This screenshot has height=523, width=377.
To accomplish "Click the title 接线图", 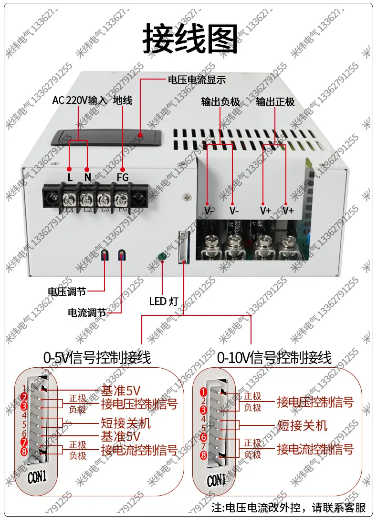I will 190,39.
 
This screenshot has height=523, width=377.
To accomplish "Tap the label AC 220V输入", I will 80,101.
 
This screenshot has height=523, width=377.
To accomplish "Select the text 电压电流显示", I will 196,80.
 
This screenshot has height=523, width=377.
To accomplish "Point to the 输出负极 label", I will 220,102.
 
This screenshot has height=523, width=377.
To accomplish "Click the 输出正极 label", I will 275,102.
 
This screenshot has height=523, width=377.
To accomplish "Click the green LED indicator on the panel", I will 162,258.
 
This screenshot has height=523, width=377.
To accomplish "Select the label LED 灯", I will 164,301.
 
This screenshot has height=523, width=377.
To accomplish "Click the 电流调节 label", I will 87,313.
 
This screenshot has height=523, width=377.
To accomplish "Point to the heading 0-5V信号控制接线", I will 97,357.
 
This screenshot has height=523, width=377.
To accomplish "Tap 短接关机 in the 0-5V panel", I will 126,422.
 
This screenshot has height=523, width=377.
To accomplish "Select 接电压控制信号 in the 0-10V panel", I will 315,402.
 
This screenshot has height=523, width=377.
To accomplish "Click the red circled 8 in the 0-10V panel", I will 203,456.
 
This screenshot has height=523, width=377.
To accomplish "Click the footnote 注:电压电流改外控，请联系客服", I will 289,507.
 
